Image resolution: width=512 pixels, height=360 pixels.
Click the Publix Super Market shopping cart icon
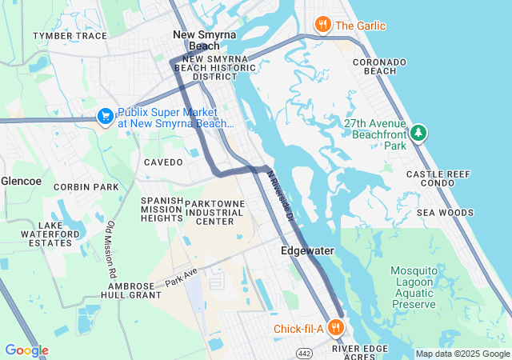[105, 117]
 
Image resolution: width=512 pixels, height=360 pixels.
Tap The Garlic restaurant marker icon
[323, 25]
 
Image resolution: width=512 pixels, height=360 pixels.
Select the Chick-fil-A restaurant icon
[336, 328]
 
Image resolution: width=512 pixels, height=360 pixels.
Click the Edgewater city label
[307, 251]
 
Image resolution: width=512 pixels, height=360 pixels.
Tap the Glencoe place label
[21, 181]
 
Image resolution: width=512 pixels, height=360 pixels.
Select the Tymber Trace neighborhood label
[70, 36]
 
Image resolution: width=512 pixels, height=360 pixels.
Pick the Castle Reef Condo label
[442, 179]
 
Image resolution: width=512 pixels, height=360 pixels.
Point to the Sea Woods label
[445, 213]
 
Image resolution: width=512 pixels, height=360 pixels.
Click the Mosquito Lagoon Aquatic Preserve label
[414, 287]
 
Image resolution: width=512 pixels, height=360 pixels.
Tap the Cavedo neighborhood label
[163, 162]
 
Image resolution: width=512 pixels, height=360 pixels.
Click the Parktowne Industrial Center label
[214, 213]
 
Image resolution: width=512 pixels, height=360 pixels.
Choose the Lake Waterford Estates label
[54, 234]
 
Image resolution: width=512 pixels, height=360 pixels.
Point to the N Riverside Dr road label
[281, 197]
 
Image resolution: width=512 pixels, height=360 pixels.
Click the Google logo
[26, 350]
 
